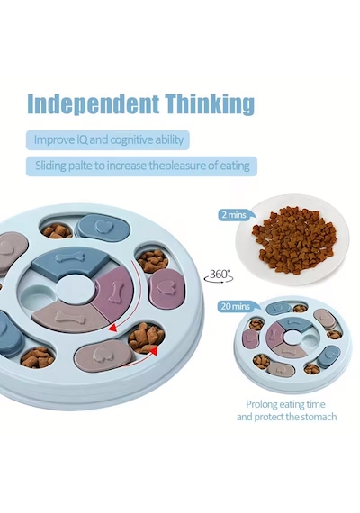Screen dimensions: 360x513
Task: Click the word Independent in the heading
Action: coord(93,103)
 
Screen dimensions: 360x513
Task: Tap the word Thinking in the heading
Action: coord(210,103)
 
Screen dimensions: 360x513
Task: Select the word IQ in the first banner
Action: coord(82,140)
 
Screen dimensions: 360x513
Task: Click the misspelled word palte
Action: coord(79,166)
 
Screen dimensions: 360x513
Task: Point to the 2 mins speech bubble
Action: coord(235,215)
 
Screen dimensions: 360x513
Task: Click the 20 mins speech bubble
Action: coord(237,307)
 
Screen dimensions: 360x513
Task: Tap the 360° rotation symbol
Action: coord(219,275)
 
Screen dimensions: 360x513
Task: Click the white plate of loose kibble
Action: coord(292,239)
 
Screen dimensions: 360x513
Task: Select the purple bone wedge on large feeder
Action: coord(113,292)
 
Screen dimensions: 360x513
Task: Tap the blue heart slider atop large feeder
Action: coord(103,227)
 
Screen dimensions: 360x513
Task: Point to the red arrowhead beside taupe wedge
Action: coord(113,327)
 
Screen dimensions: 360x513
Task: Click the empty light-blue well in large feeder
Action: coord(34,294)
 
